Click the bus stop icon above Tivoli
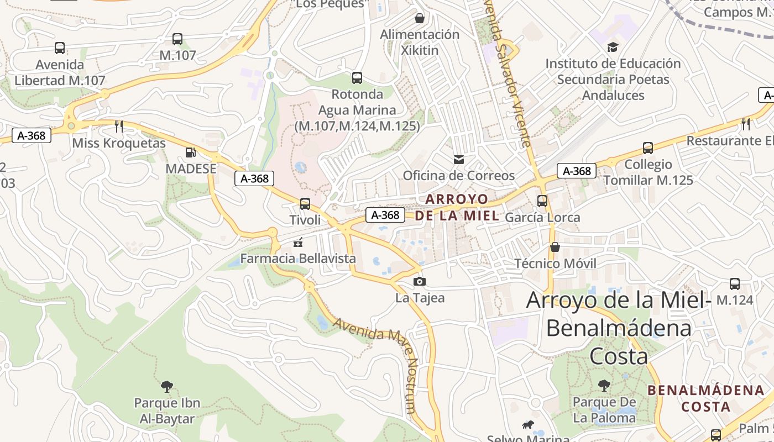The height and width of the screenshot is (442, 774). pos(305,204)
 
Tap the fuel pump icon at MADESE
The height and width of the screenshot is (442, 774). pos(190,152)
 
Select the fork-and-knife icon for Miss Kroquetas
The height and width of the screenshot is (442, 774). pos(119,126)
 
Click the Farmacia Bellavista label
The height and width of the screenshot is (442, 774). pos(298,258)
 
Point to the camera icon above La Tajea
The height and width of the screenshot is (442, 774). pos(420,282)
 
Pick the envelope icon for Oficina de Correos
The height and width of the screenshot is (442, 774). pos(458,160)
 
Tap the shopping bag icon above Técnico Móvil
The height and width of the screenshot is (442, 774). pos(555,247)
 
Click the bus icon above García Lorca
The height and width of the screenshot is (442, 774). pos(542,201)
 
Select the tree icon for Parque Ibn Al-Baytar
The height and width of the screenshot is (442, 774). pos(166,386)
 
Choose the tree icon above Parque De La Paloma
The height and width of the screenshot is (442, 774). pos(604,385)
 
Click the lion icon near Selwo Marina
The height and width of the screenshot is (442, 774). pos(528,424)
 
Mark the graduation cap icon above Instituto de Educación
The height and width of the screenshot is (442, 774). pos(613,47)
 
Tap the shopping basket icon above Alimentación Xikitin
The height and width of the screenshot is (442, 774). pos(420,18)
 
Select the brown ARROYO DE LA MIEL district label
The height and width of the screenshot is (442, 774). pos(457,207)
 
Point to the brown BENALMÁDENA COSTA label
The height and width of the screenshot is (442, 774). pos(705,398)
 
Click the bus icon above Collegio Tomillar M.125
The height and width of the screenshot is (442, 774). pos(648,148)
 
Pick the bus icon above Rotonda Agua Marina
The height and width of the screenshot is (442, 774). pos(357,78)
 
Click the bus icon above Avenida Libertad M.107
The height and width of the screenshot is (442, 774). pos(60,48)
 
